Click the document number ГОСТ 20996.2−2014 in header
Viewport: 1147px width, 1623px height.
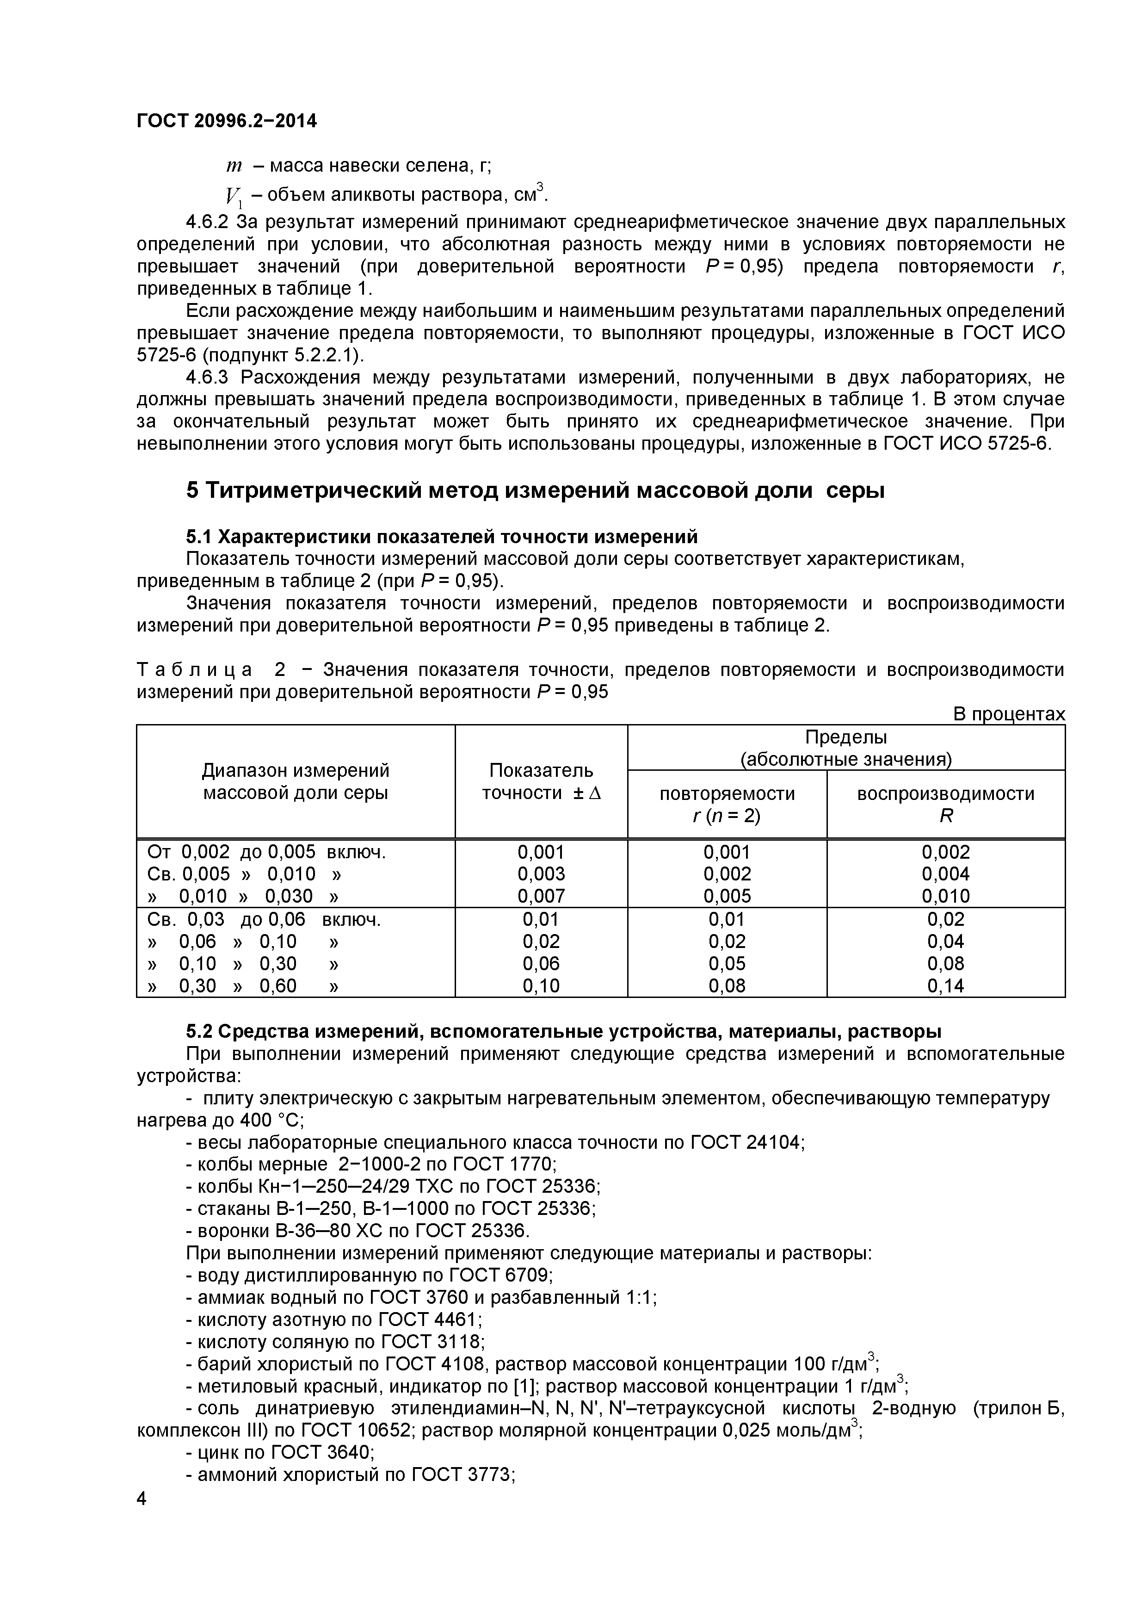(226, 122)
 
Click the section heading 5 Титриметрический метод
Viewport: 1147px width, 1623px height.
(535, 490)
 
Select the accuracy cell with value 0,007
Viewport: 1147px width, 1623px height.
(541, 896)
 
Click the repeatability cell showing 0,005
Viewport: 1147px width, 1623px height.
(727, 896)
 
